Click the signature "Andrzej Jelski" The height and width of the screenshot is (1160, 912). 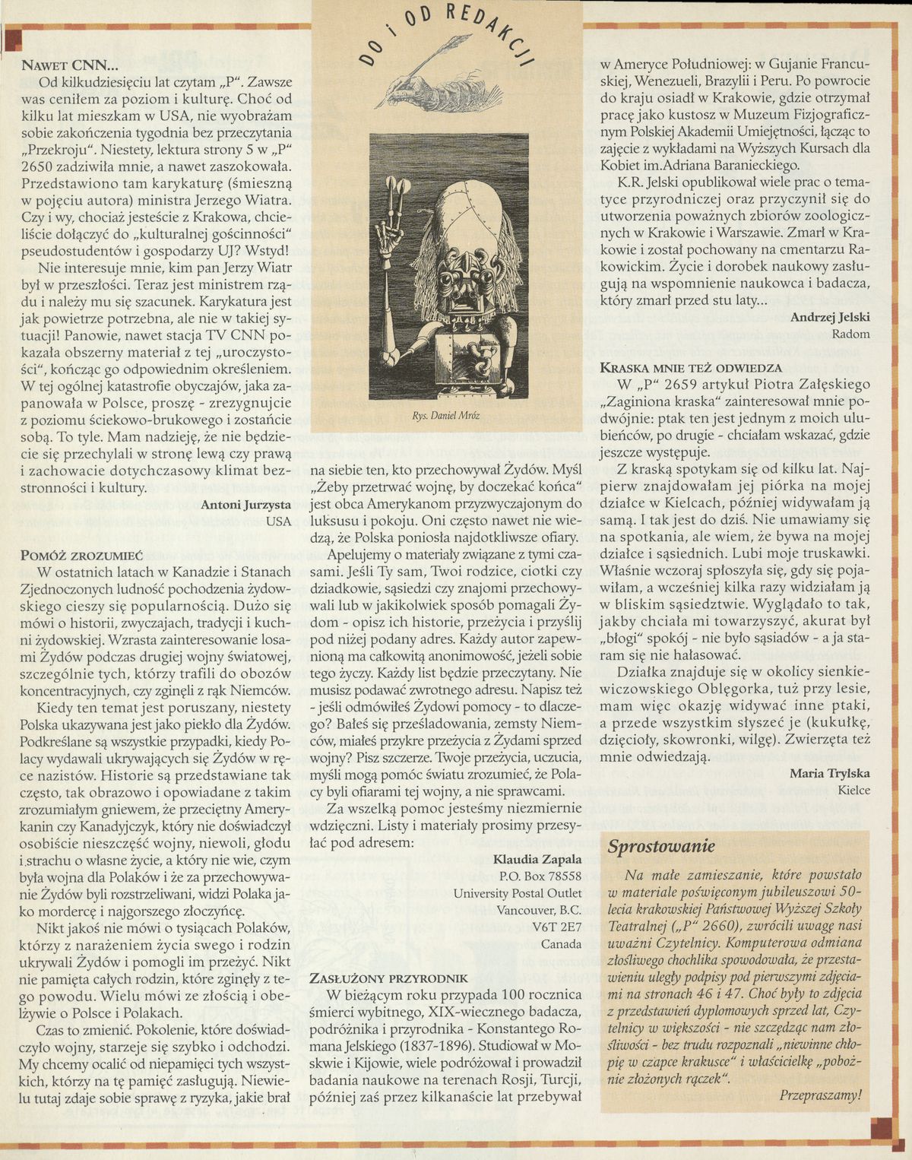point(830,317)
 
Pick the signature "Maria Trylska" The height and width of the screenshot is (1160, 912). point(830,774)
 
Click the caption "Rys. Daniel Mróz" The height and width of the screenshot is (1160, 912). point(446,416)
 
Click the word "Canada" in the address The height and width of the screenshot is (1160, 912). point(561,944)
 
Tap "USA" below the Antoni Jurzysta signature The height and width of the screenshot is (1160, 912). point(279,521)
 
